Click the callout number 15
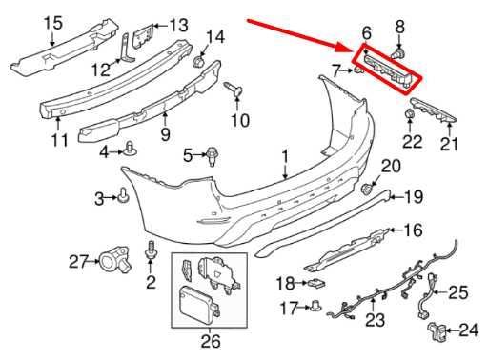[26, 22]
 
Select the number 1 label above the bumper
[283, 155]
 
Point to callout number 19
[412, 197]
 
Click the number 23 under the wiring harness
[375, 321]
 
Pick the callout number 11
[60, 141]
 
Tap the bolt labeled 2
[151, 253]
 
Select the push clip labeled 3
[124, 197]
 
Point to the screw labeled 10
[231, 91]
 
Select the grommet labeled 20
[369, 187]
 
